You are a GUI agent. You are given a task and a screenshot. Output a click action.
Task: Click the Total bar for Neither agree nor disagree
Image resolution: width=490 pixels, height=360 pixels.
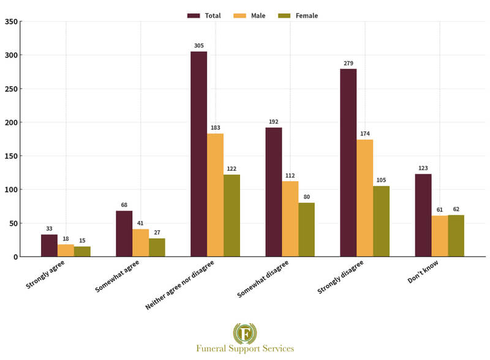198,154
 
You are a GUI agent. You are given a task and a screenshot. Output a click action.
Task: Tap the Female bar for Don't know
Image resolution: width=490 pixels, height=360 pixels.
456,236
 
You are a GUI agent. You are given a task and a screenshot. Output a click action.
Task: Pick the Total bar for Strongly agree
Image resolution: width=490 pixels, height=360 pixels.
49,246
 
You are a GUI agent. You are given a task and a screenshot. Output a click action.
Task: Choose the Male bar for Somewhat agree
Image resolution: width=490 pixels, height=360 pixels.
140,242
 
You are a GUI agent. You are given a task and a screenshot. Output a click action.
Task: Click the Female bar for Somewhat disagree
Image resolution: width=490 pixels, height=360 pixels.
306,230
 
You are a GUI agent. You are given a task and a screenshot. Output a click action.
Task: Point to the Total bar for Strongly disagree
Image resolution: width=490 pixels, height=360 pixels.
349,162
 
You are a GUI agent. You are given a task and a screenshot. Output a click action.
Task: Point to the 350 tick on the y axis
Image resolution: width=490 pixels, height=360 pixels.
11,22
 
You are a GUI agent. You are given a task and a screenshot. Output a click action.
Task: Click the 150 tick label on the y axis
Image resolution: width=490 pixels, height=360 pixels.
11,156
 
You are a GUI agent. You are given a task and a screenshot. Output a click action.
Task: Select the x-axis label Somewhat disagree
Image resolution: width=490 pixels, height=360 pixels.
263,279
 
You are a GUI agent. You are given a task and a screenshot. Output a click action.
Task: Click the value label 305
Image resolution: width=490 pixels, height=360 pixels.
198,46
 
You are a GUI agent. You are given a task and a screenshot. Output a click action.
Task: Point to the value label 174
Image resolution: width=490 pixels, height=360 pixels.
365,133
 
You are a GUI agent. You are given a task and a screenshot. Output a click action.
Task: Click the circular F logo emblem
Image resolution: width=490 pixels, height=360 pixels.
245,333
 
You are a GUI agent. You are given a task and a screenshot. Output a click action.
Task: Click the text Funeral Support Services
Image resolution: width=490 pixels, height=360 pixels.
245,348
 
